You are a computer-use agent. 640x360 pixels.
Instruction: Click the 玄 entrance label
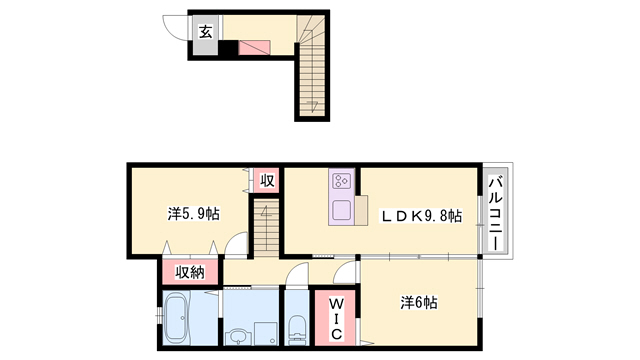[x=206, y=31]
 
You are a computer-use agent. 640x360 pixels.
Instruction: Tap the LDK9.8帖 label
[x=421, y=216]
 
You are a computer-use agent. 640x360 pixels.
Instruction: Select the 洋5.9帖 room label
[x=193, y=213]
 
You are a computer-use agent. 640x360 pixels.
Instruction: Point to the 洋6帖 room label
[x=418, y=303]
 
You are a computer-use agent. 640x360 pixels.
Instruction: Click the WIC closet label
[x=336, y=319]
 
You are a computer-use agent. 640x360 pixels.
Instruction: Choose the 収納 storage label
[x=190, y=272]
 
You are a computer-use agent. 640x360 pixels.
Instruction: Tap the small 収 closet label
[x=267, y=180]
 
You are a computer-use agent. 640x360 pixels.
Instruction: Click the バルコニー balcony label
[x=496, y=212]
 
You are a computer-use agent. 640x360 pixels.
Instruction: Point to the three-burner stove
[x=341, y=181]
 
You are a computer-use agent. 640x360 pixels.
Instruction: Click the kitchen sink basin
[x=341, y=211]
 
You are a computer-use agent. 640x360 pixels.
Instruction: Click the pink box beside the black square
[x=254, y=47]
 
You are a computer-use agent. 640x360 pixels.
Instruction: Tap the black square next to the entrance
[x=230, y=48]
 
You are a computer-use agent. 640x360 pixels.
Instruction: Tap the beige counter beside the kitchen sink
[x=361, y=210]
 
